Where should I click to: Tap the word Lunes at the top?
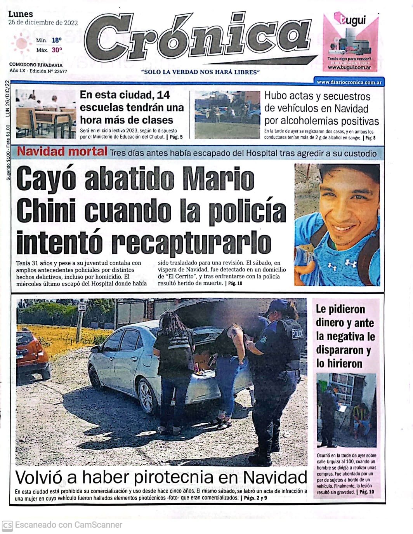21,14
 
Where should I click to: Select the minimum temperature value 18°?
57,40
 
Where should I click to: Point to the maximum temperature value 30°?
57,50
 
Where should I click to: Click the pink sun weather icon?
21,43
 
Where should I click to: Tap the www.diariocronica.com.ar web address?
349,82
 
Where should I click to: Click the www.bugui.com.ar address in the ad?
349,68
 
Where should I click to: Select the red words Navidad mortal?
62,151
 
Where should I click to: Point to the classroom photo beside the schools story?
46,114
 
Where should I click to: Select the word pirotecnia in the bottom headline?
180,478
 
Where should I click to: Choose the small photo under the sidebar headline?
346,410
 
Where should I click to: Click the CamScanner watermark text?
68,525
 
